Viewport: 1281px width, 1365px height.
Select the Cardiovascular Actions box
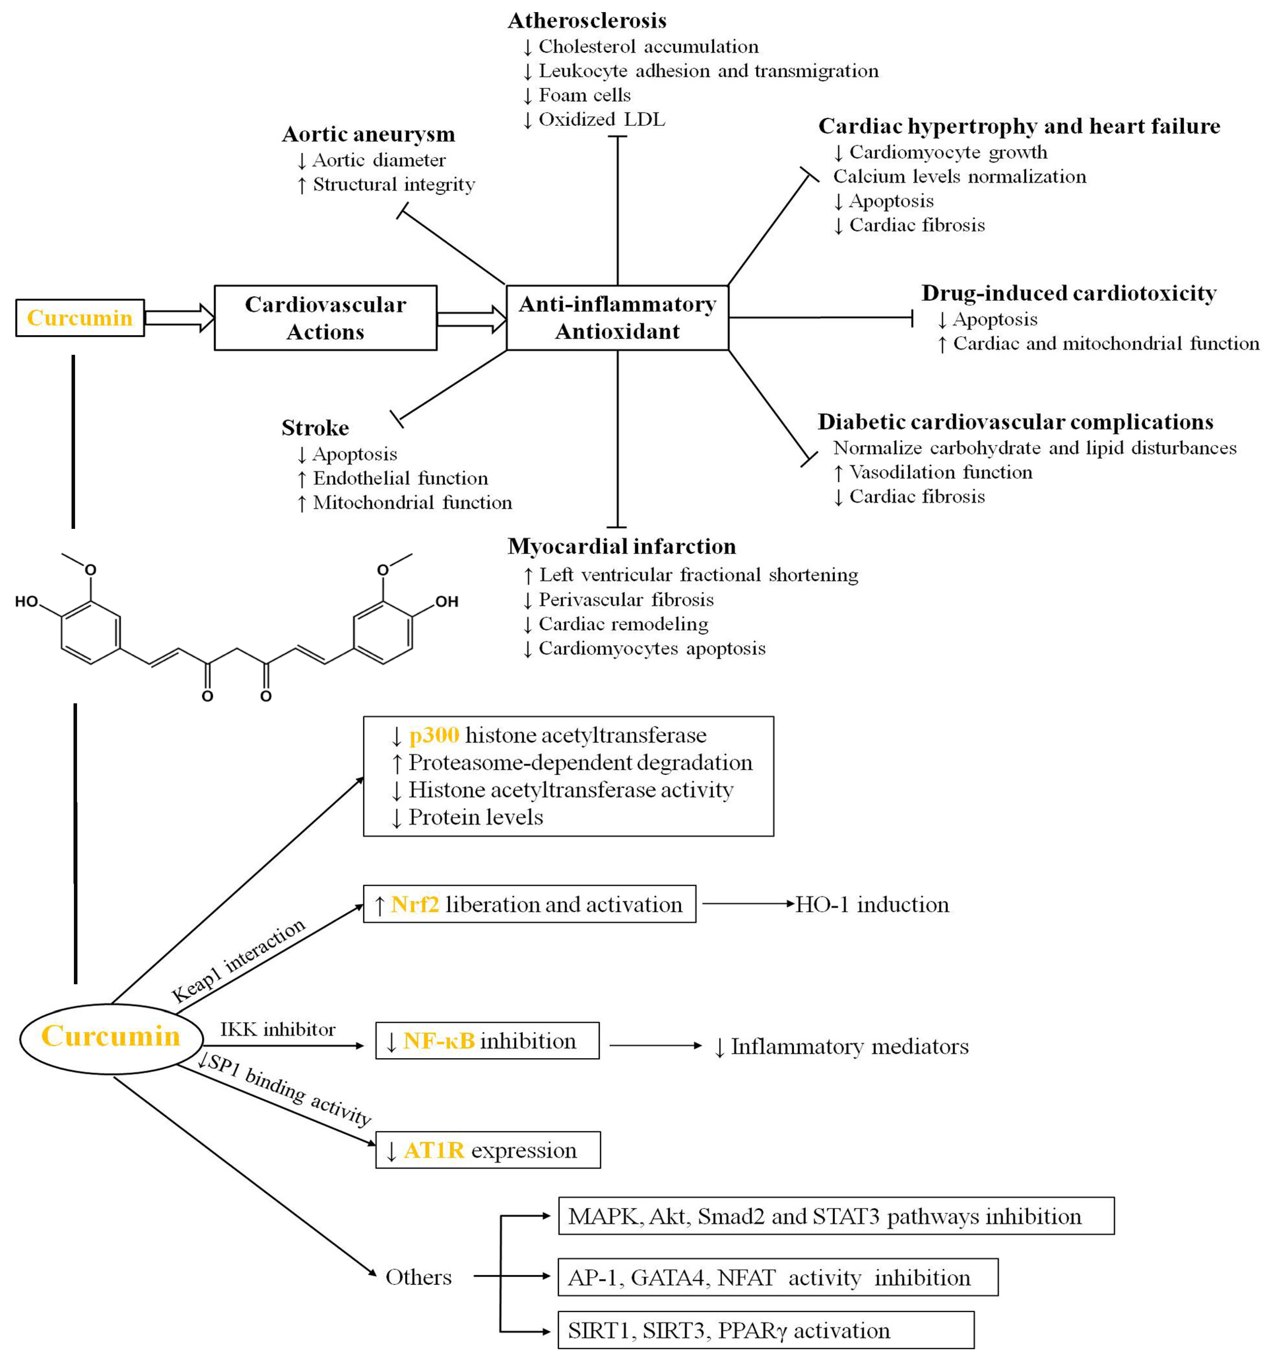click(x=325, y=318)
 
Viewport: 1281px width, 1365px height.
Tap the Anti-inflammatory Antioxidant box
click(x=617, y=318)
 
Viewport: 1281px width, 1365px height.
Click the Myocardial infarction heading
click(x=621, y=546)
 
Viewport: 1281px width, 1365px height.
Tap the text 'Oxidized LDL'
click(x=601, y=119)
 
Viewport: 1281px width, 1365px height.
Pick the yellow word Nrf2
click(x=414, y=904)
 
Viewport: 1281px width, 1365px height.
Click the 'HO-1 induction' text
click(x=872, y=904)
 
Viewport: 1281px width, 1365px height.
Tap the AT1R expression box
click(x=488, y=1150)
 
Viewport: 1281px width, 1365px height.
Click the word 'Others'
click(x=418, y=1277)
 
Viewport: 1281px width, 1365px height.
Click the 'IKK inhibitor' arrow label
click(x=278, y=1029)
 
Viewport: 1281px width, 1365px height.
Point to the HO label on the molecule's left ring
click(x=26, y=602)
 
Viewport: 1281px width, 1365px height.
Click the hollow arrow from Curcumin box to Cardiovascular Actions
click(x=178, y=318)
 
